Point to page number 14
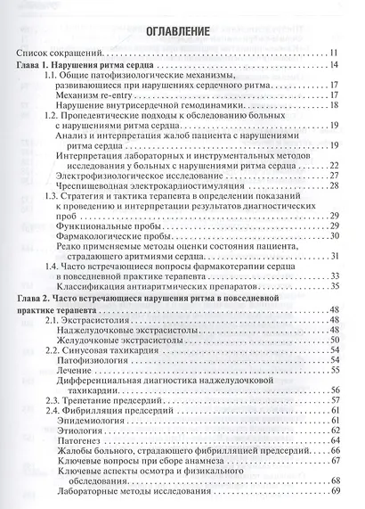[x=331, y=67]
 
